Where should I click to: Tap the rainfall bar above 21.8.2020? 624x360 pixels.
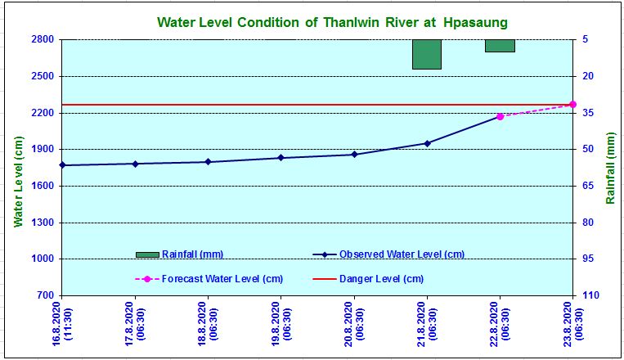427,54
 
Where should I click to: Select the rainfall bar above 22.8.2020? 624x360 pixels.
500,46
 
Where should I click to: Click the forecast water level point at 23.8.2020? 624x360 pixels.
572,105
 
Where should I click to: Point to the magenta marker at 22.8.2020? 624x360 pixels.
500,116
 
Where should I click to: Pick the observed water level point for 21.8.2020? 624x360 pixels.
427,143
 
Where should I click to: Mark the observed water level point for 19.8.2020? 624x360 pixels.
281,158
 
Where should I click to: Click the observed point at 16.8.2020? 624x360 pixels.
62,165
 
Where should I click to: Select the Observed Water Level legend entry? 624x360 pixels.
388,254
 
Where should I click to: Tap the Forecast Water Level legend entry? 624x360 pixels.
209,279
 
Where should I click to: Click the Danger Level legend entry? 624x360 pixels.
369,279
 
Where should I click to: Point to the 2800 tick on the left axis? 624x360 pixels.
43,39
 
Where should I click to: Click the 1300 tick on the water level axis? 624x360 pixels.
43,223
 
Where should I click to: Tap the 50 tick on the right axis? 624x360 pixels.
589,149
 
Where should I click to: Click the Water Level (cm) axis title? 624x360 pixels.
19,182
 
